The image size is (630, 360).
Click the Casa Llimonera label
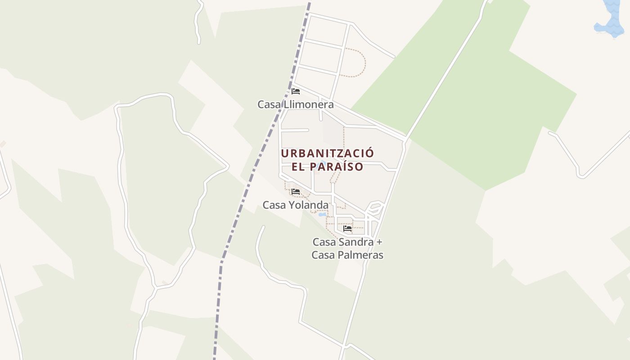(x=296, y=104)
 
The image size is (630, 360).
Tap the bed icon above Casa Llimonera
(x=296, y=91)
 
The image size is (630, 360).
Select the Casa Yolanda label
(x=296, y=205)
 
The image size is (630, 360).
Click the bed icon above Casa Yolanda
(x=296, y=192)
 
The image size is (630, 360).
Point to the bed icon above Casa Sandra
(x=347, y=228)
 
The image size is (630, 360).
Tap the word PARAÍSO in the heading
(x=337, y=167)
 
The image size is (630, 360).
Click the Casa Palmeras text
(x=347, y=255)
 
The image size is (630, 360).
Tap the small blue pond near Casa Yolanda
(x=322, y=215)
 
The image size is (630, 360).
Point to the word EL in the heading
(x=298, y=167)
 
